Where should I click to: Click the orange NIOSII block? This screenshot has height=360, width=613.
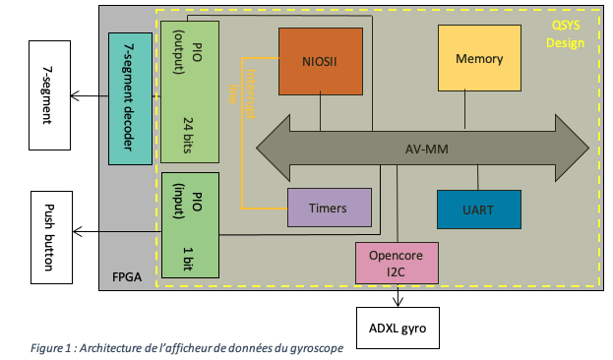tap(321, 60)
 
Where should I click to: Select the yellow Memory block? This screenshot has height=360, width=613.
tap(479, 59)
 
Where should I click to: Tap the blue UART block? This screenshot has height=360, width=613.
tap(478, 209)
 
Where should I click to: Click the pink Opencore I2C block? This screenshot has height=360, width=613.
tap(396, 263)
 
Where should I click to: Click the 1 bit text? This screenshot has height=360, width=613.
tap(189, 259)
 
